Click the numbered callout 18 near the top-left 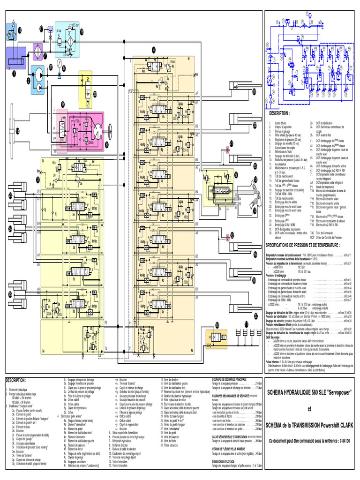(20, 30)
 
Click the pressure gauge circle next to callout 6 (60, 75)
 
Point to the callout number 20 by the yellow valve (95, 94)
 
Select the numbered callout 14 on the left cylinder (18, 131)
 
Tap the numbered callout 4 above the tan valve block (153, 50)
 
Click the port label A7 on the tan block (197, 93)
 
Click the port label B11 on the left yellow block (39, 192)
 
